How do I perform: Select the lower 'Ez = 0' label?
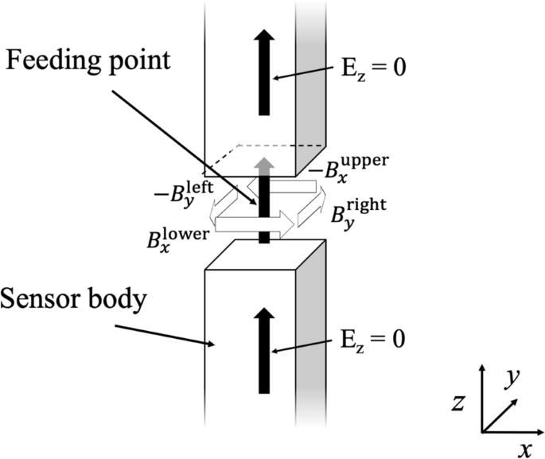368,339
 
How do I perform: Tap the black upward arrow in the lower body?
263,350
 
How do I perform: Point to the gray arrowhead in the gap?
263,163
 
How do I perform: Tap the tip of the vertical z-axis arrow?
483,368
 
